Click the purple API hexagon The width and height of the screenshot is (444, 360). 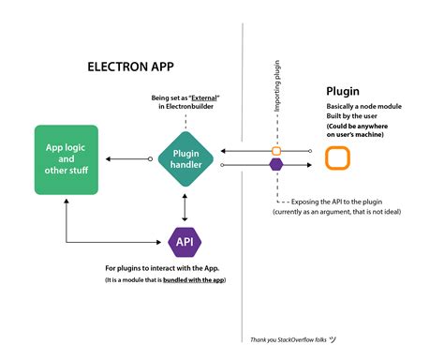click(184, 243)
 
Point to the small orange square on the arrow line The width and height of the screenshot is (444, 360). click(276, 150)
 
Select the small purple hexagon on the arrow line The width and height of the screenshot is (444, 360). click(276, 164)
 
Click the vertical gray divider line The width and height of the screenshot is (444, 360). click(244, 281)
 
